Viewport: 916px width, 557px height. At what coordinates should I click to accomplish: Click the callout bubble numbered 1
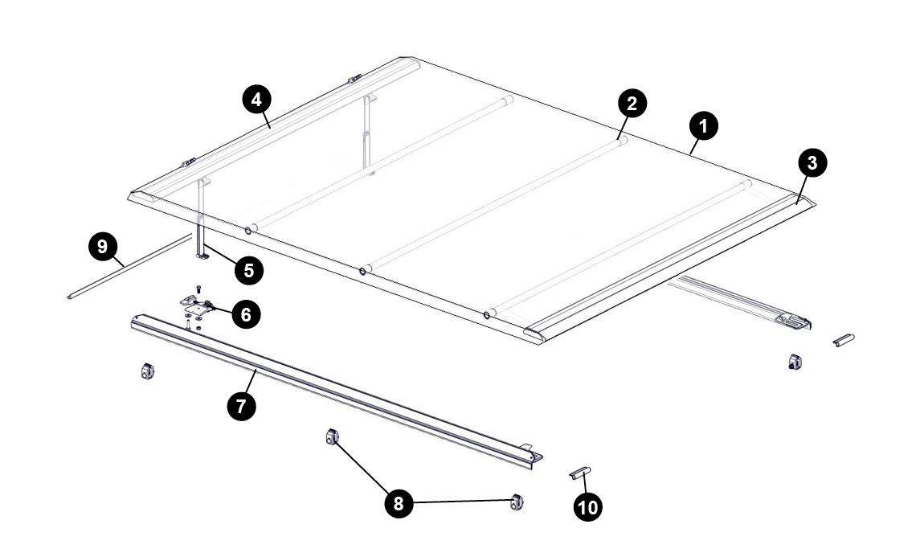(704, 126)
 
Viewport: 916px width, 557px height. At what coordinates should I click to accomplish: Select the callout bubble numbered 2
(632, 103)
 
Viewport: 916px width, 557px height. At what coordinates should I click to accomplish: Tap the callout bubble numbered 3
(812, 163)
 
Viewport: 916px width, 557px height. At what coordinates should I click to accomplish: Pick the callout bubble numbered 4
(256, 100)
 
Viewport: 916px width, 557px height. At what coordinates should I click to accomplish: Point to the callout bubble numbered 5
(248, 270)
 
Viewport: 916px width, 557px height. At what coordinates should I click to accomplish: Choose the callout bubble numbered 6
(246, 314)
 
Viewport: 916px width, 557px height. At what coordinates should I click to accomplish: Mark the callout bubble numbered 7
(241, 406)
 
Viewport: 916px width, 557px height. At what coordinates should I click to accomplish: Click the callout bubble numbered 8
(399, 503)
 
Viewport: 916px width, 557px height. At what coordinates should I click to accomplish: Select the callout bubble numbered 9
(102, 247)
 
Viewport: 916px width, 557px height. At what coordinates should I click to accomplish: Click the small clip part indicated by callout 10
(580, 473)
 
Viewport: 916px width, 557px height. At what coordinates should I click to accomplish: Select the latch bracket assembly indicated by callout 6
(197, 305)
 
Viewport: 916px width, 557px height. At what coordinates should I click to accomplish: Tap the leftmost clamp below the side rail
(147, 371)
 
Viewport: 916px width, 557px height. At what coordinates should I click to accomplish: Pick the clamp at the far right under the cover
(793, 362)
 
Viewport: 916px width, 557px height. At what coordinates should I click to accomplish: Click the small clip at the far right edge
(843, 340)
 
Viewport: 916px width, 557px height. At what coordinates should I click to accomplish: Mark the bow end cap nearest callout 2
(620, 139)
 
